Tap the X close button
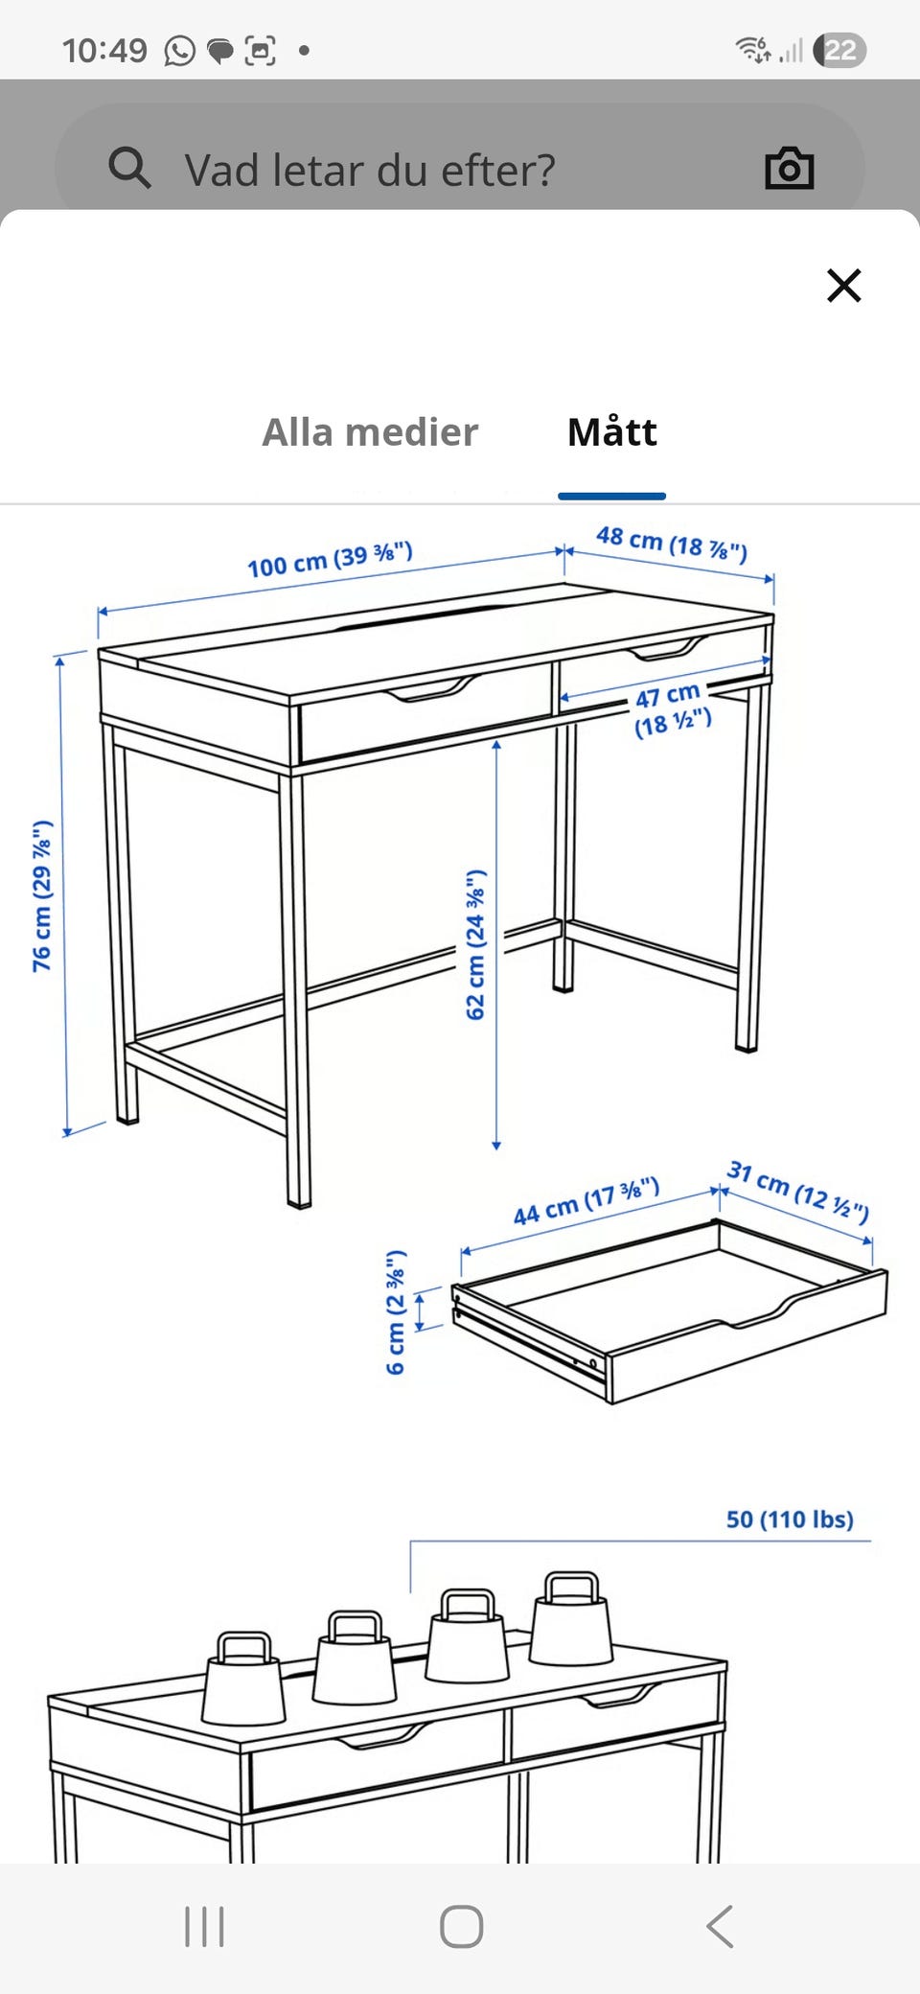[844, 286]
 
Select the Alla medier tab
[370, 432]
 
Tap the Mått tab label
[612, 431]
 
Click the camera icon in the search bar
[790, 169]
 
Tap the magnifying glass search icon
[129, 168]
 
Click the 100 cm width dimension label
[330, 559]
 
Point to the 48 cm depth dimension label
[672, 543]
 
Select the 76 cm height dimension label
[42, 895]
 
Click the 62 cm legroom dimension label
[475, 945]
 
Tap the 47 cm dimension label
[672, 708]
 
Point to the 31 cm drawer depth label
[798, 1192]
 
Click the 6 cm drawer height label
[396, 1311]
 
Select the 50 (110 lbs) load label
[790, 1519]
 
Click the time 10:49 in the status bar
[104, 50]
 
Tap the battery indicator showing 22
[839, 50]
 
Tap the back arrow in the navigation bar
[720, 1926]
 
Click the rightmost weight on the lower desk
[571, 1618]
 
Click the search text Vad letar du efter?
[370, 171]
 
